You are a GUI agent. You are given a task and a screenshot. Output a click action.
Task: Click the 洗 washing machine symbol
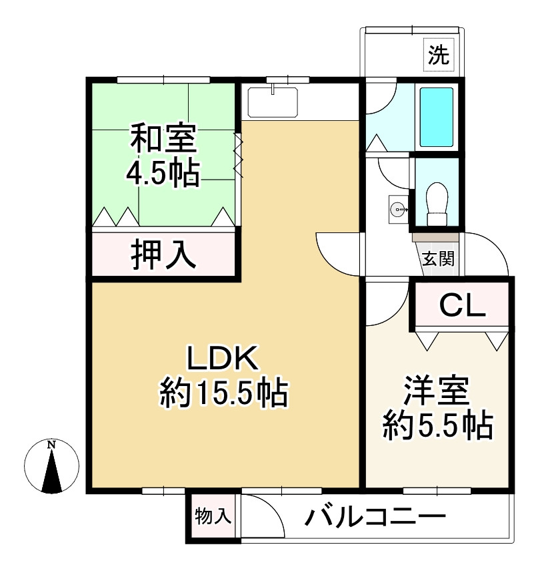tap(438, 55)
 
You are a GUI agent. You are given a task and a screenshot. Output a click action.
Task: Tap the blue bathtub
tap(436, 116)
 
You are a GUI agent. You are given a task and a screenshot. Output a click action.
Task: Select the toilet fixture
tap(437, 203)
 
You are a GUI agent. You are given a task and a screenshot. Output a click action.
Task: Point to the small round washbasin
tap(397, 209)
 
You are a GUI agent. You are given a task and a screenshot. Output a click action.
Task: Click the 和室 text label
tap(163, 140)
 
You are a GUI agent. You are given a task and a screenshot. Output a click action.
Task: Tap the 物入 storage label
tap(213, 516)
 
